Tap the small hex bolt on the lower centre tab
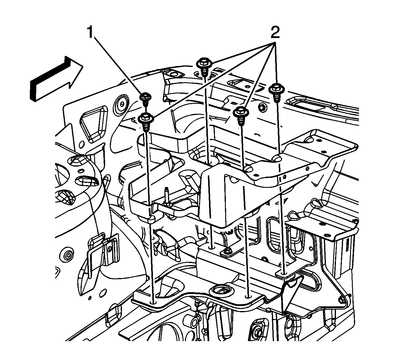pos(227,251)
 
